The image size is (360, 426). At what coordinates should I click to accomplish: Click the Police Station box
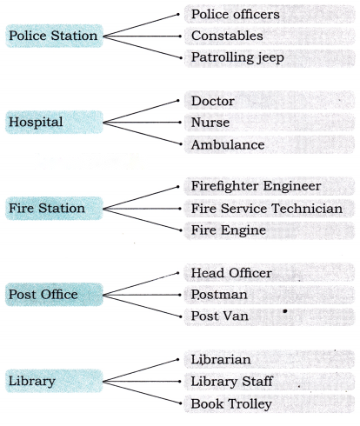tap(54, 36)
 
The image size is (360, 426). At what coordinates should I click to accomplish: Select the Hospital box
tap(54, 122)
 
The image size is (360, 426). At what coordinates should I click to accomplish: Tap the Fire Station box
tap(54, 208)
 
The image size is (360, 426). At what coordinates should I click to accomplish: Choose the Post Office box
tap(54, 295)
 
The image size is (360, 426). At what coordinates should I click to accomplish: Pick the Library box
tap(54, 381)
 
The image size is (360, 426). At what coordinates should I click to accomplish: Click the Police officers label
tap(236, 14)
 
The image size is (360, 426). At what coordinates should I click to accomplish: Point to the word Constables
tap(227, 36)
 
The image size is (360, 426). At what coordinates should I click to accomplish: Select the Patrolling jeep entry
tap(237, 57)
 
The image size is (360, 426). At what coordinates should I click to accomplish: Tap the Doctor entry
tap(213, 101)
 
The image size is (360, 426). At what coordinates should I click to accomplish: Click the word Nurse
tap(210, 123)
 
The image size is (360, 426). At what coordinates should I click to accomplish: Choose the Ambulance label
tap(228, 144)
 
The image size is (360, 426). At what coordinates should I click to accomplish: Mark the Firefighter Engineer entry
tap(256, 186)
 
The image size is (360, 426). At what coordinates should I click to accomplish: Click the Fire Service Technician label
tap(267, 209)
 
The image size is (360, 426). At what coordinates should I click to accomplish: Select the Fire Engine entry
tap(229, 230)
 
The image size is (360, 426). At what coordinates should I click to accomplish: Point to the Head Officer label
tap(231, 273)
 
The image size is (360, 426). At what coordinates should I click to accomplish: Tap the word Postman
tap(219, 295)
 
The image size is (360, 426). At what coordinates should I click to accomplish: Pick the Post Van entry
tap(220, 316)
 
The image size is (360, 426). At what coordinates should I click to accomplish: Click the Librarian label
tap(221, 359)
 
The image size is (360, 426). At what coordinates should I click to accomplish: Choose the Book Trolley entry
tap(231, 404)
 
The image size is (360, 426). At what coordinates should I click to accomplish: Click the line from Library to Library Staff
tap(143, 382)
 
